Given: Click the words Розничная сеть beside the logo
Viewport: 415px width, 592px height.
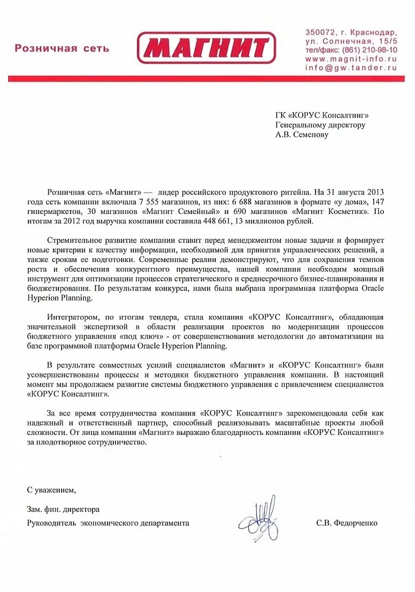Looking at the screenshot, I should (62, 48).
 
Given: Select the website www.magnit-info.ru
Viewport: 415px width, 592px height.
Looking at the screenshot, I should (350, 59).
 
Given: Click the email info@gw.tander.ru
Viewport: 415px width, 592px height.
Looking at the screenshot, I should (350, 68).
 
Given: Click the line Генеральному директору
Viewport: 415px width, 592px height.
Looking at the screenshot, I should (320, 124).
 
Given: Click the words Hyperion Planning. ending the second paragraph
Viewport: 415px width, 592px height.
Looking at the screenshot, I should (60, 298).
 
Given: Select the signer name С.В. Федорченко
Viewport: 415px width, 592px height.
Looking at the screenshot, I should (347, 523).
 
